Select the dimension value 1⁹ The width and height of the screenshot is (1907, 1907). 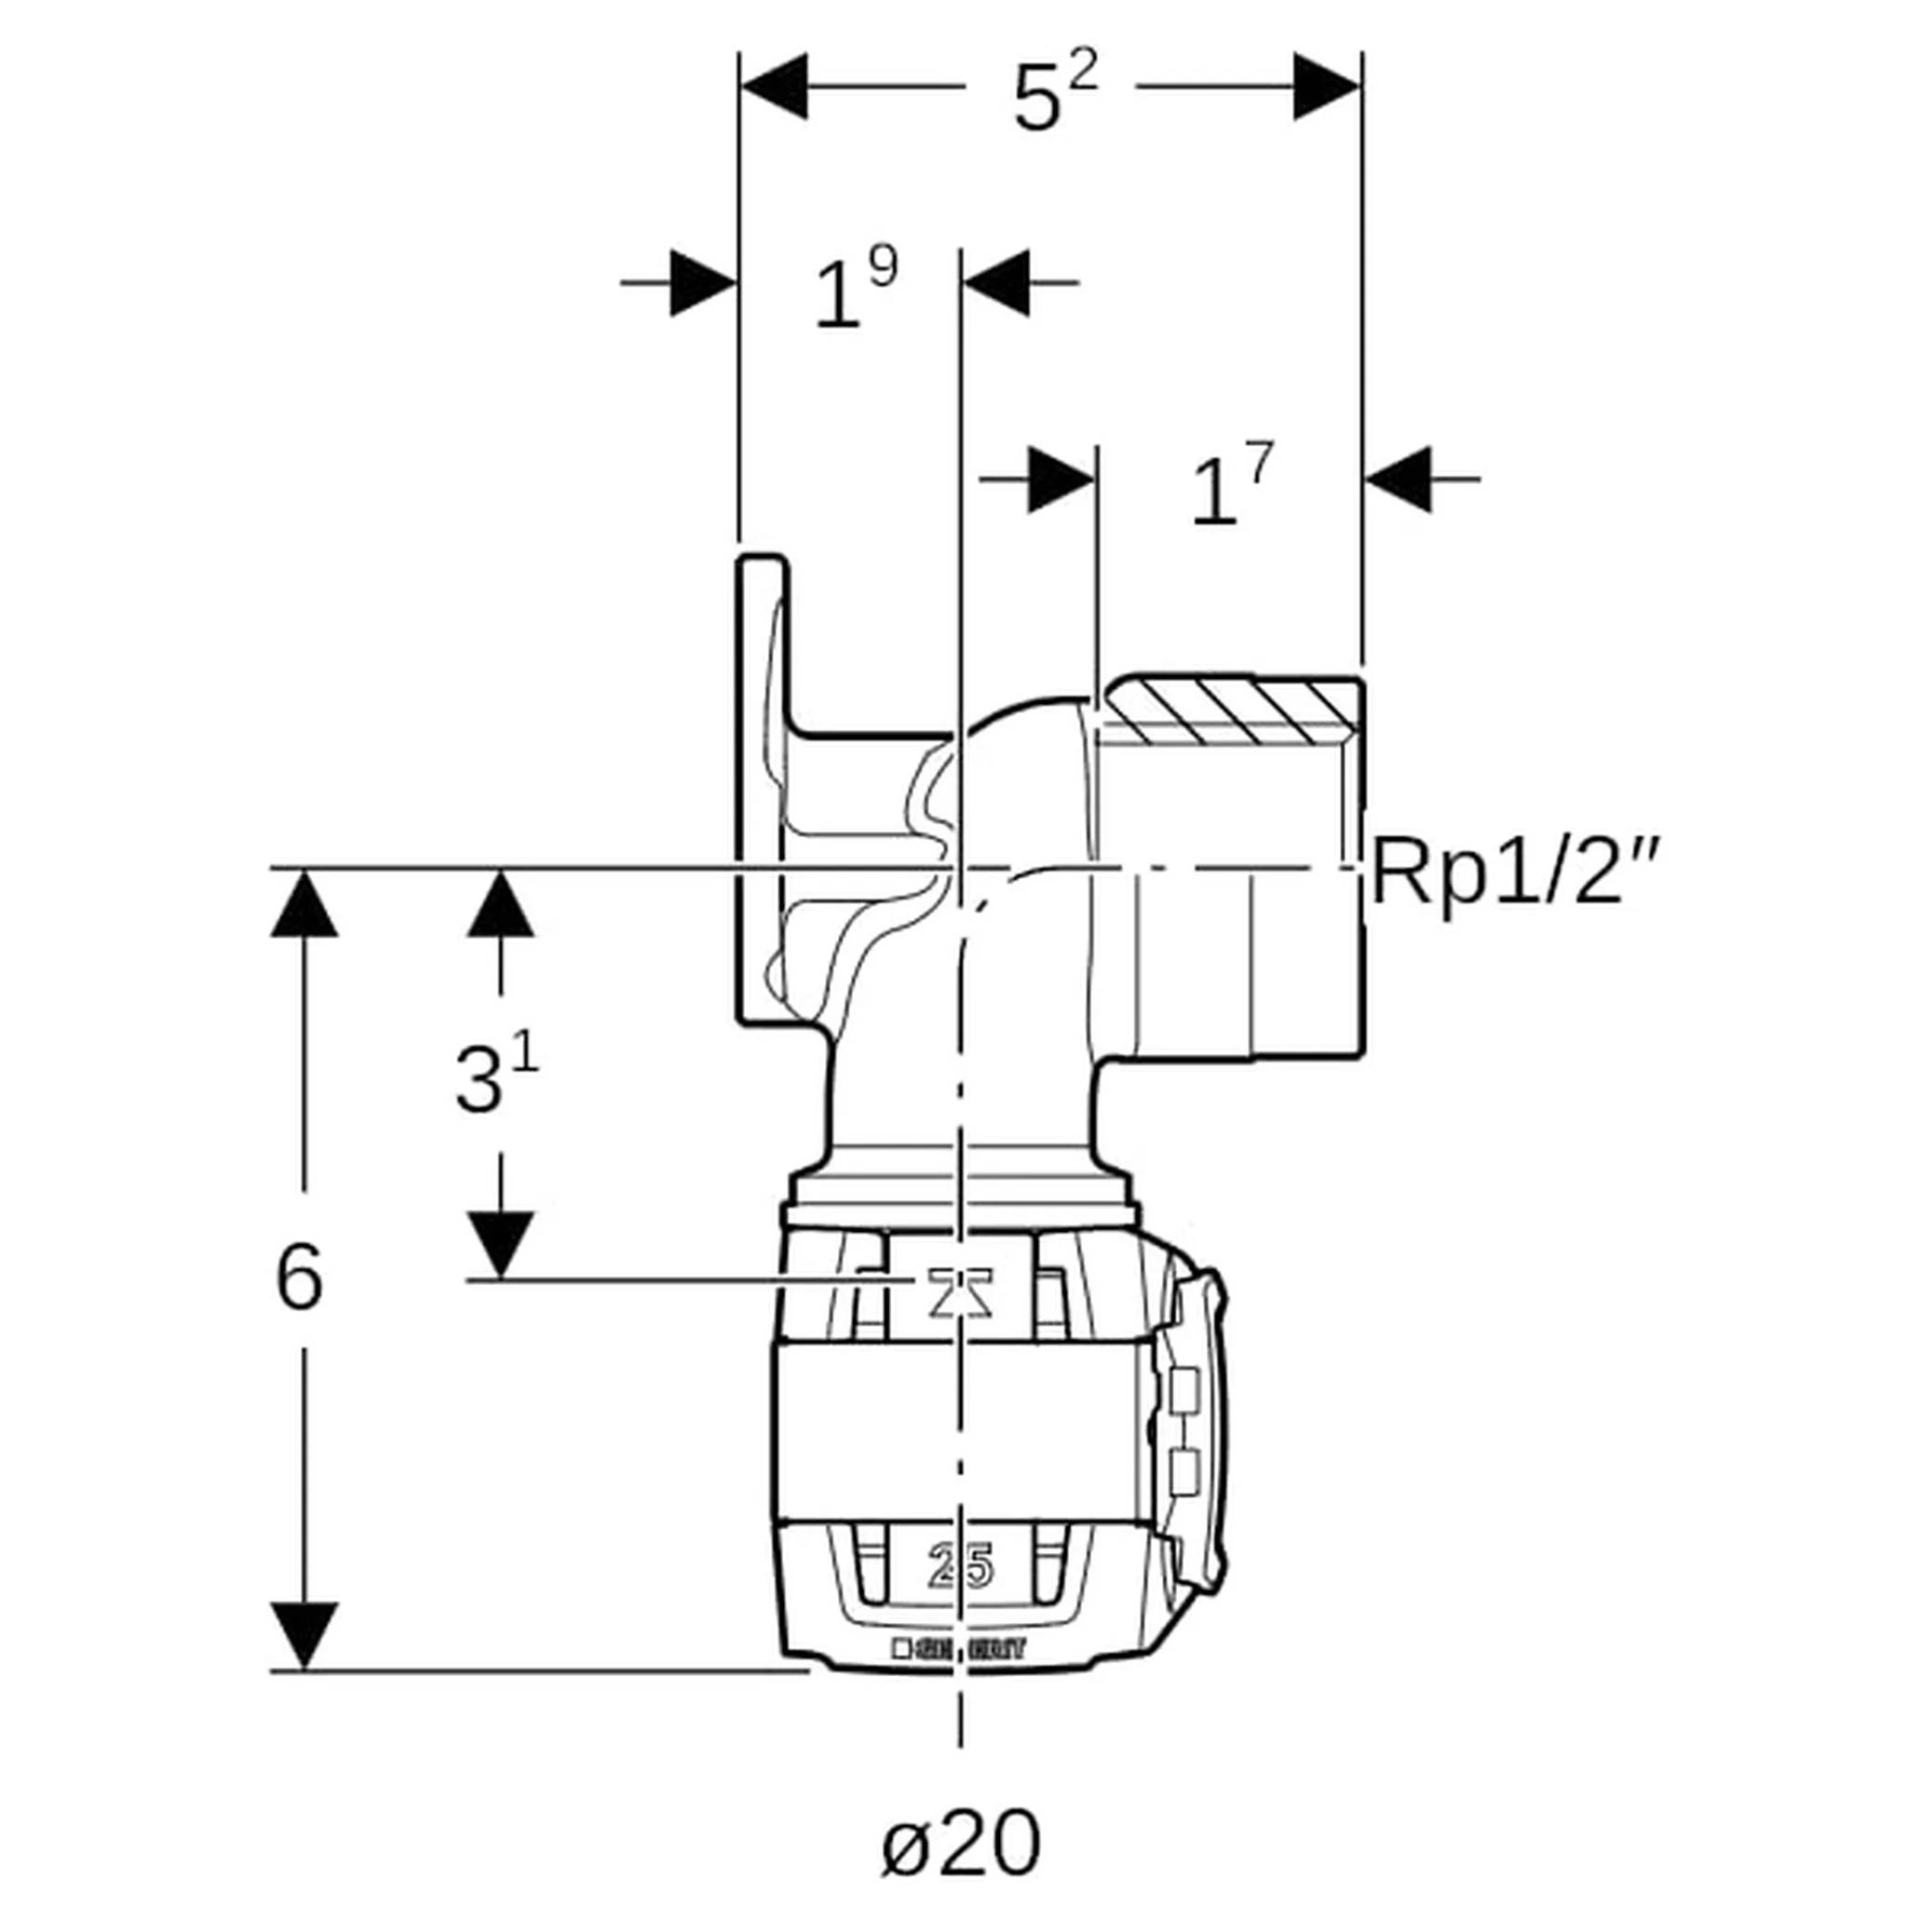point(854,290)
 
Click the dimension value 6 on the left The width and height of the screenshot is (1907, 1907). point(299,1278)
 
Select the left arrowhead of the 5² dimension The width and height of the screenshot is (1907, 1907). point(776,87)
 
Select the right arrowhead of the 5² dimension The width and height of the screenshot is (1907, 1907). point(1327,87)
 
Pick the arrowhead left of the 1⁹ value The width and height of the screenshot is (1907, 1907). point(703,283)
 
